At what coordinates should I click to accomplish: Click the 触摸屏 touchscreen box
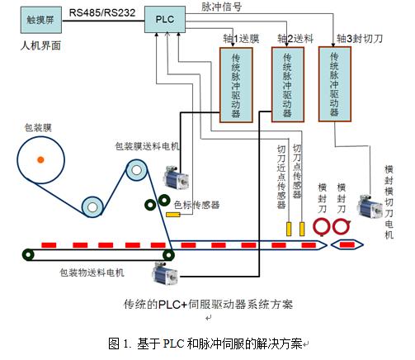tap(41, 20)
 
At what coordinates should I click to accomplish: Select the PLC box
tap(165, 19)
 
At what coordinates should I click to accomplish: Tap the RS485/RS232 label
tap(102, 12)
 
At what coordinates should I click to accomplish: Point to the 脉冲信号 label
tap(222, 7)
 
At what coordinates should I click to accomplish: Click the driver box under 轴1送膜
tap(236, 85)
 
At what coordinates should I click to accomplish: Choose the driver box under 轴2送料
tap(288, 84)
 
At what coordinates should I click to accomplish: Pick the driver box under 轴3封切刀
tap(335, 84)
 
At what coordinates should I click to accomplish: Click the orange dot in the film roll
tap(40, 159)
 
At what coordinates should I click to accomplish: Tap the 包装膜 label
tap(38, 128)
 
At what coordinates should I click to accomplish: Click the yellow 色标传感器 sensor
tap(173, 215)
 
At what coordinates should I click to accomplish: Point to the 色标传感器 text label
tap(197, 205)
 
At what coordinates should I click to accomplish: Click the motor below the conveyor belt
tap(165, 274)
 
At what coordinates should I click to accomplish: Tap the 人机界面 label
tap(40, 45)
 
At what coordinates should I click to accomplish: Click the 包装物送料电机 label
tap(92, 272)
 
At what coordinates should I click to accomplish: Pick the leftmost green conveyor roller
tap(28, 255)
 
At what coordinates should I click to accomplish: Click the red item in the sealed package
tap(347, 244)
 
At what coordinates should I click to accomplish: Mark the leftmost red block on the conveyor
tap(49, 245)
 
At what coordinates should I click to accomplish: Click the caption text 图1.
tap(119, 343)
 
